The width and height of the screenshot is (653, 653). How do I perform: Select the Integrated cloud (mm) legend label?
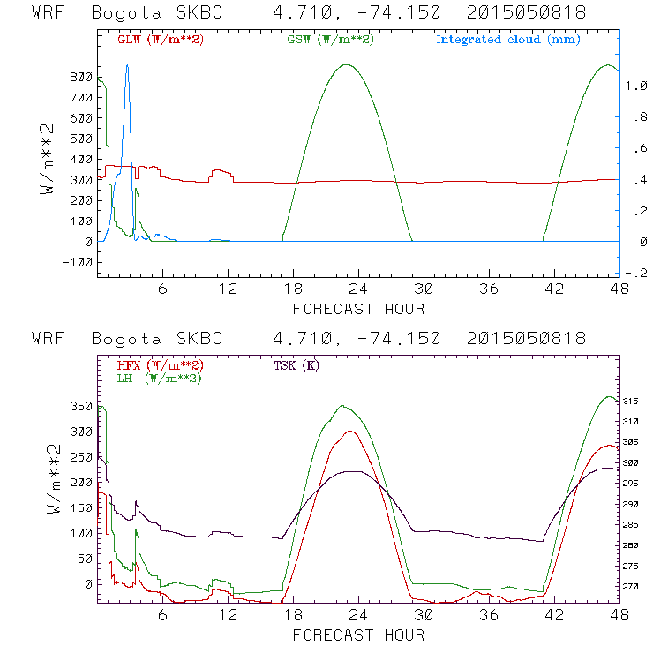(508, 40)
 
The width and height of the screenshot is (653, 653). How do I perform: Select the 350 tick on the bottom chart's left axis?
(80, 406)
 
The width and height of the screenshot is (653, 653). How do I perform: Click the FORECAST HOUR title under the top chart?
(358, 309)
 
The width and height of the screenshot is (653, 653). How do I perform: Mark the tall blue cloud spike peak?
(127, 64)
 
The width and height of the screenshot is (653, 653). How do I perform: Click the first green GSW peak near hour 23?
(347, 64)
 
